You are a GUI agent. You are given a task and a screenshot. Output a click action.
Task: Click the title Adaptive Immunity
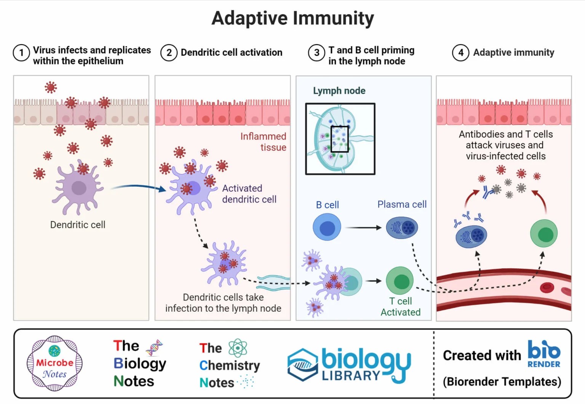pyautogui.click(x=292, y=18)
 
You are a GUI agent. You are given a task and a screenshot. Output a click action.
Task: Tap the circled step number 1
pyautogui.click(x=21, y=53)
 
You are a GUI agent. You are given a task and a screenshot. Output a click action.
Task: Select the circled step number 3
pyautogui.click(x=316, y=53)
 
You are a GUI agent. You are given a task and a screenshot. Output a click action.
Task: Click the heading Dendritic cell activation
pyautogui.click(x=231, y=53)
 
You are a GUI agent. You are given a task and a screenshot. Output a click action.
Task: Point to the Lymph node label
pyautogui.click(x=339, y=91)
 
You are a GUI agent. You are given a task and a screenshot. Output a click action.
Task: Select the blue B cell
pyautogui.click(x=326, y=228)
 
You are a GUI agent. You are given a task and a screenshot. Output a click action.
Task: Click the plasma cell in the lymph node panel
pyautogui.click(x=402, y=228)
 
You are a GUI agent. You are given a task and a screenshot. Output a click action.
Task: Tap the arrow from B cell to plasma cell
pyautogui.click(x=363, y=228)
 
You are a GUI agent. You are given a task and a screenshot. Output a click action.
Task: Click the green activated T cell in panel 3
pyautogui.click(x=400, y=281)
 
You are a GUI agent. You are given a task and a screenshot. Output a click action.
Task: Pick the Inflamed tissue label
pyautogui.click(x=264, y=142)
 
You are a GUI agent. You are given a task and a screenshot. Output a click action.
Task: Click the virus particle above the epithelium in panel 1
pyautogui.click(x=51, y=87)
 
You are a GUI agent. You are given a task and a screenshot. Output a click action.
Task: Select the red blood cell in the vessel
pyautogui.click(x=547, y=287)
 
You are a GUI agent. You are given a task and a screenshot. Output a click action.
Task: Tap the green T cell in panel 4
pyautogui.click(x=544, y=233)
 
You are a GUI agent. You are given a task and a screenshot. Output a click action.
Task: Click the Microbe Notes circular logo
pyautogui.click(x=54, y=363)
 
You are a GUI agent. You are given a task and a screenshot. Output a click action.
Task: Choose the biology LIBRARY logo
pyautogui.click(x=348, y=364)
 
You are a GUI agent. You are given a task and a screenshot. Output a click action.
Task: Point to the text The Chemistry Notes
pyautogui.click(x=229, y=365)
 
